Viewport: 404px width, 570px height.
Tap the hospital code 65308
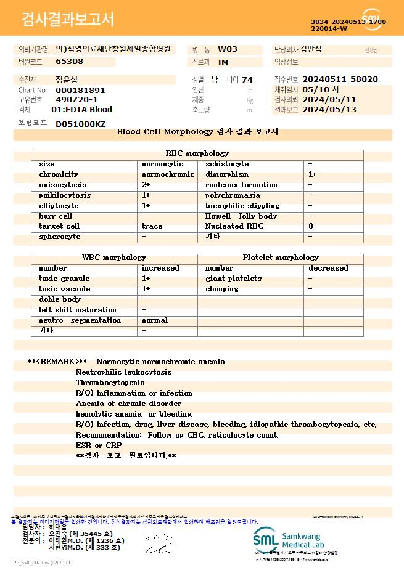pos(69,62)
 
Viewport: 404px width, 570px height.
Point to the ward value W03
pos(228,49)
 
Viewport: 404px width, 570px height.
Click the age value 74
pos(247,79)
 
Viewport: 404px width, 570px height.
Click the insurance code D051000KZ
pos(80,124)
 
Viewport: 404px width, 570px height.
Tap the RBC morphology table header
pos(197,153)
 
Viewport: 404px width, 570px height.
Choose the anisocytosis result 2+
pos(146,185)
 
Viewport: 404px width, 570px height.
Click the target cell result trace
pos(152,227)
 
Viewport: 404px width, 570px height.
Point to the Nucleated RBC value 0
pos(310,227)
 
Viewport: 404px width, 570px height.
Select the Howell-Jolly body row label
pos(241,216)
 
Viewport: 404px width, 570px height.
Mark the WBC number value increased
pos(160,268)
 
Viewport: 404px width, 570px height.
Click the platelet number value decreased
pos(328,268)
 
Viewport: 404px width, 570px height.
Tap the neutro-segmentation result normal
pos(154,320)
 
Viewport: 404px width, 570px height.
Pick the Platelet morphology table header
pos(281,258)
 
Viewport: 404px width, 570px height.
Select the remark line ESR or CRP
pos(98,446)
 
